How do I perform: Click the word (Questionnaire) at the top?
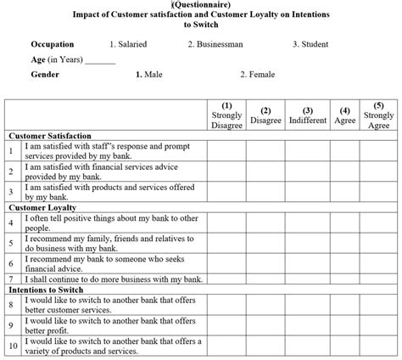tap(201, 4)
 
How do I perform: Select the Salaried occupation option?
tap(128, 44)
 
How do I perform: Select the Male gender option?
tap(150, 75)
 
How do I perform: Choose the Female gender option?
tap(257, 75)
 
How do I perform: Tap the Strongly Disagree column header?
tap(226, 115)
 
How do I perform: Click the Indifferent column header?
tap(307, 115)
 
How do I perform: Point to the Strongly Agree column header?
tap(378, 115)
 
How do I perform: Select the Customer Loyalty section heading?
tap(42, 207)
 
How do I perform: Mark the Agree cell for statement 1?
tap(345, 149)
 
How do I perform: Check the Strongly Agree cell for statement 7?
tap(378, 278)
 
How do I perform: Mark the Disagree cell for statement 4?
tap(266, 223)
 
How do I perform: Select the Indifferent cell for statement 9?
tap(307, 326)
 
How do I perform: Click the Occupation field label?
tap(52, 44)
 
